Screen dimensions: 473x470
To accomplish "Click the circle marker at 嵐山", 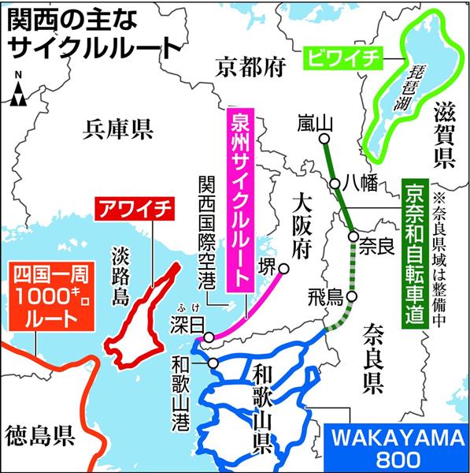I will click(323, 142).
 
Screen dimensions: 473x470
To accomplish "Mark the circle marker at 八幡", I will click(335, 184).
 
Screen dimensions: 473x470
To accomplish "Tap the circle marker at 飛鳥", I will click(352, 297).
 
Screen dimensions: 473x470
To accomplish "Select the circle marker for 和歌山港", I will click(213, 363).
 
